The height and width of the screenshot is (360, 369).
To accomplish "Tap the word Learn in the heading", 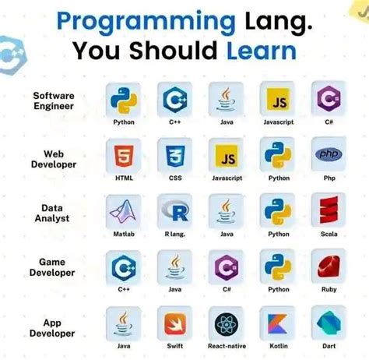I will coord(260,51).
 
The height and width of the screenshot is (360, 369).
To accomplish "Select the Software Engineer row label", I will coord(54,101).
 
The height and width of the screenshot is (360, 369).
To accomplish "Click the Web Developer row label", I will coord(54,160).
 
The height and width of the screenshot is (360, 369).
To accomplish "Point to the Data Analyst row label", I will coord(54,213).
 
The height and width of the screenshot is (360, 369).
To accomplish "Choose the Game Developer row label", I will coord(54,267).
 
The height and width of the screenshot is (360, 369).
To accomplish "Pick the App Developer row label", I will coord(54,327).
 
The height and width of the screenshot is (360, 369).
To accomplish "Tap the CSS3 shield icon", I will coord(175,156).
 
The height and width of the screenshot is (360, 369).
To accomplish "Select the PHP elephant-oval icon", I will coord(329,155).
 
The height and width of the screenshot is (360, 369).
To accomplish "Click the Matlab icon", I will coord(124,211).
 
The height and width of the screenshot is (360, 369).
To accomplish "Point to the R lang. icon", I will coord(175,211).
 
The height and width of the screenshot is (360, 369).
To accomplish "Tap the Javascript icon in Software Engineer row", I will coord(278,100).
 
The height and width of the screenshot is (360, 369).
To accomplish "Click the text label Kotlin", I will coord(278,345).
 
